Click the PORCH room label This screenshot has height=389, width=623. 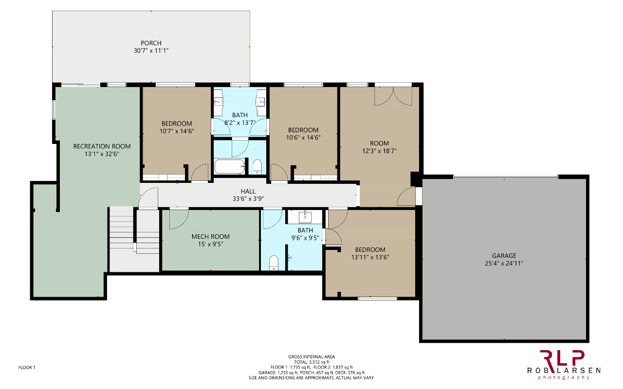(x=151, y=43)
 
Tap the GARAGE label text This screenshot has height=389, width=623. (x=504, y=256)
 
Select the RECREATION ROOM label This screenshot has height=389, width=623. (x=102, y=146)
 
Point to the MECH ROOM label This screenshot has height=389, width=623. (x=211, y=237)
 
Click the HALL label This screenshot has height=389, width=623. (x=248, y=192)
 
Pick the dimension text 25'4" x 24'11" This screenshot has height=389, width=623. (x=504, y=264)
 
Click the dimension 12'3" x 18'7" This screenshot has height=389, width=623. (x=379, y=151)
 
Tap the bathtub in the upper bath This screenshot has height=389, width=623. (x=229, y=166)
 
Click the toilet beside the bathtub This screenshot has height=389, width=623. (x=257, y=167)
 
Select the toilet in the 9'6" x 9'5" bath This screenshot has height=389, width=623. (x=274, y=263)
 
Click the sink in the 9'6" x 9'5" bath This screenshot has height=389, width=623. (x=305, y=217)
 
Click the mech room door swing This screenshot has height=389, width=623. (x=179, y=219)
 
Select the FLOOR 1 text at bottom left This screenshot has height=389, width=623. (x=27, y=368)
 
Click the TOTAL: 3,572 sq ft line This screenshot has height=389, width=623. (x=311, y=362)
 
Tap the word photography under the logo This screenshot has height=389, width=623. (x=564, y=377)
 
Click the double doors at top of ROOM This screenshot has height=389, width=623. (x=393, y=96)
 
